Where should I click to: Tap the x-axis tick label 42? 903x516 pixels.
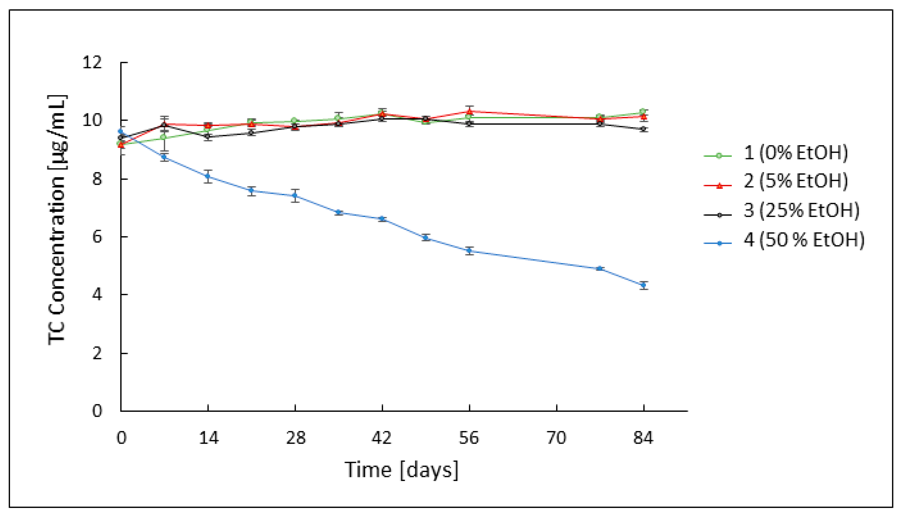tap(382, 438)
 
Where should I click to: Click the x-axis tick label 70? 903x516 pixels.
tap(557, 438)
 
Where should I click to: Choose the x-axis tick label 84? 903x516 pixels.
tap(643, 438)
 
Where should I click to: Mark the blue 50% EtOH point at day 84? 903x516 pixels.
tap(644, 285)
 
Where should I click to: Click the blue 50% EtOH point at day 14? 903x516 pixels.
tap(208, 176)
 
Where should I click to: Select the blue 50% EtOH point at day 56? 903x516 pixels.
tap(469, 251)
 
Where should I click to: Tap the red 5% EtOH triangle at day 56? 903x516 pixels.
tap(469, 111)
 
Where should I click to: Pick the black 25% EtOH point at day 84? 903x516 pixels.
tap(644, 129)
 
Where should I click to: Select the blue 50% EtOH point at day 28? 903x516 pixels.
tap(295, 195)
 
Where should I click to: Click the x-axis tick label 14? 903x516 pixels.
tap(208, 438)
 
